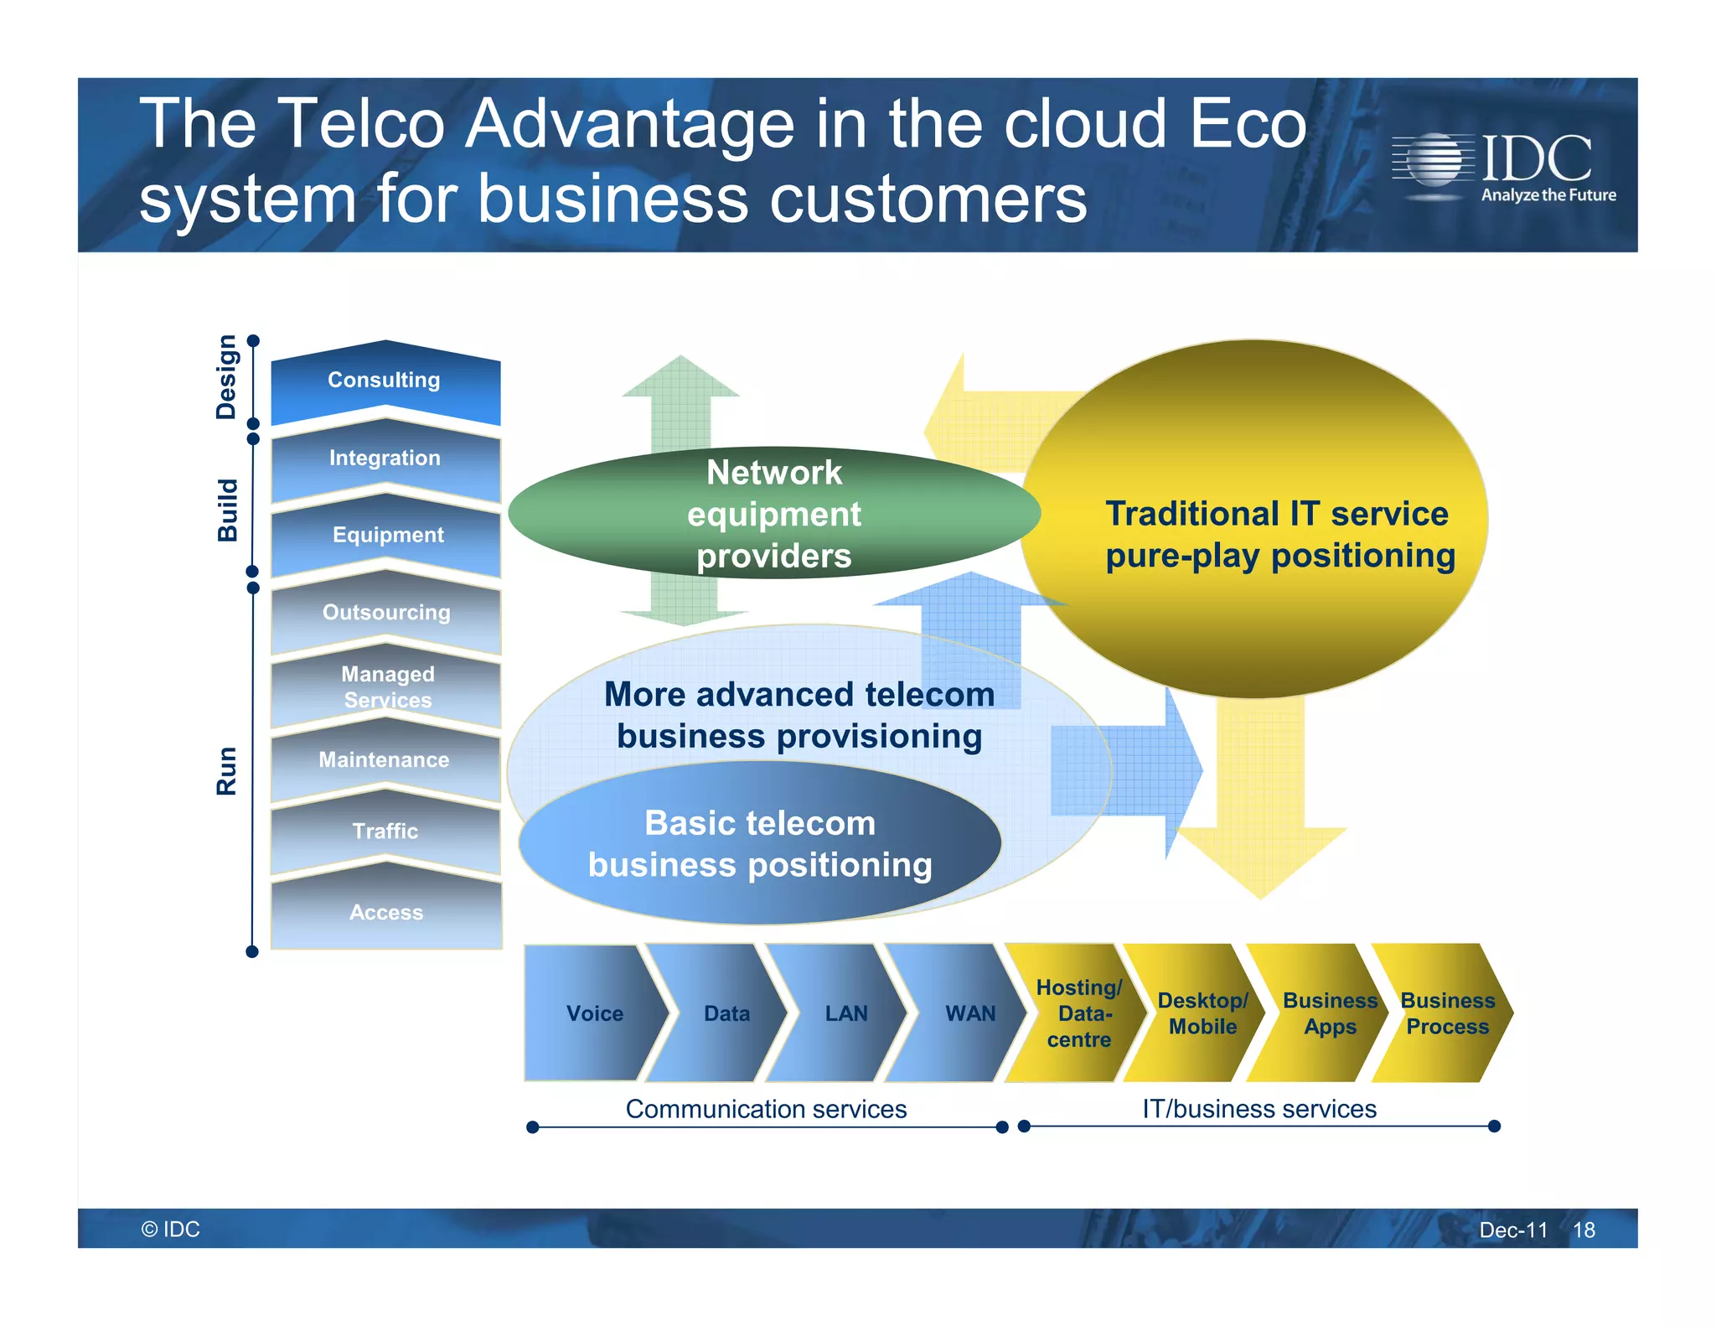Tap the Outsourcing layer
point(386,613)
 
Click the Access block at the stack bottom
point(386,913)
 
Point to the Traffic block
point(385,831)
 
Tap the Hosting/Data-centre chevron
point(1078,1013)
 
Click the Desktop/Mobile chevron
point(1202,1013)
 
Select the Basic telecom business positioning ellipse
point(759,843)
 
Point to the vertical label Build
point(228,510)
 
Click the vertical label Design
point(226,377)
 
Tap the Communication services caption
point(766,1109)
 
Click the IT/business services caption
point(1259,1109)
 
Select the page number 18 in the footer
point(1583,1230)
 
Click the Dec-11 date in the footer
point(1512,1230)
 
